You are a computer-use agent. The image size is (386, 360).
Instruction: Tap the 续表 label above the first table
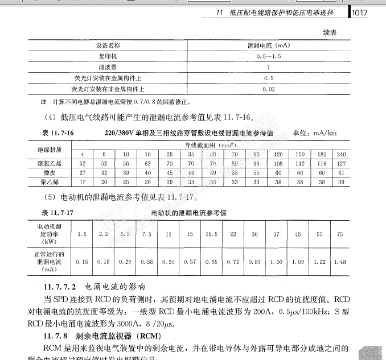click(329, 33)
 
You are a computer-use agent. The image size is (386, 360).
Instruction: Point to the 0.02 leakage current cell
click(269, 89)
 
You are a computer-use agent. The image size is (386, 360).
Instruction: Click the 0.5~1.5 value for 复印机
click(269, 56)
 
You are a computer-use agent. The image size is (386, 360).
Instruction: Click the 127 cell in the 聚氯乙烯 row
click(342, 164)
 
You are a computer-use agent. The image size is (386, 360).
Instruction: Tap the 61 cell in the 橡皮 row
click(342, 173)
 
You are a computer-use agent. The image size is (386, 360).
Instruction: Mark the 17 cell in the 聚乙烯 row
click(82, 182)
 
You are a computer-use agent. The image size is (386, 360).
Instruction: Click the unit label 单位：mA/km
click(314, 133)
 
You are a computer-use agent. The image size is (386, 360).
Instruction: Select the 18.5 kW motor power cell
click(211, 234)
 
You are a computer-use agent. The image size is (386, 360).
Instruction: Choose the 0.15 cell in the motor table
click(82, 262)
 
